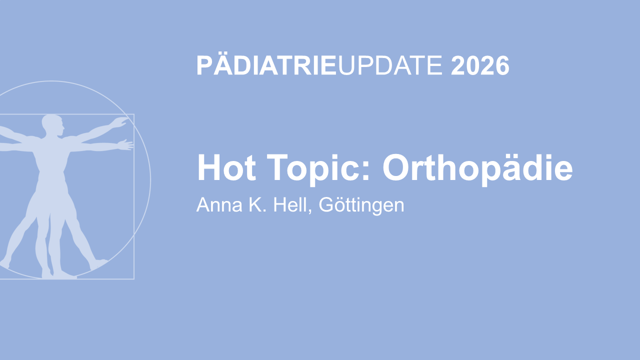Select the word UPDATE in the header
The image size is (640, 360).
click(390, 65)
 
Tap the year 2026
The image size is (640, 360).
click(480, 65)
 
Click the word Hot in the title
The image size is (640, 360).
click(226, 167)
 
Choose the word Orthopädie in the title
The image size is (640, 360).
click(477, 169)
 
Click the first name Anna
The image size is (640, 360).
click(219, 205)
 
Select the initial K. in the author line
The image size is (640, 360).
click(257, 205)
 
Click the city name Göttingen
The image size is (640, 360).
click(361, 205)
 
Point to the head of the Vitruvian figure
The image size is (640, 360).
click(53, 125)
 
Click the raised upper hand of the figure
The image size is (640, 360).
click(120, 122)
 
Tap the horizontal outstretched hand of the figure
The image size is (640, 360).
click(125, 145)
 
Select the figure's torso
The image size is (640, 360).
click(51, 160)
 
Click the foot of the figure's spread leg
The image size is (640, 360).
click(98, 263)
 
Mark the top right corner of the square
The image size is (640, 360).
click(134, 114)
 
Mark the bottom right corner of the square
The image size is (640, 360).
click(134, 279)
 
